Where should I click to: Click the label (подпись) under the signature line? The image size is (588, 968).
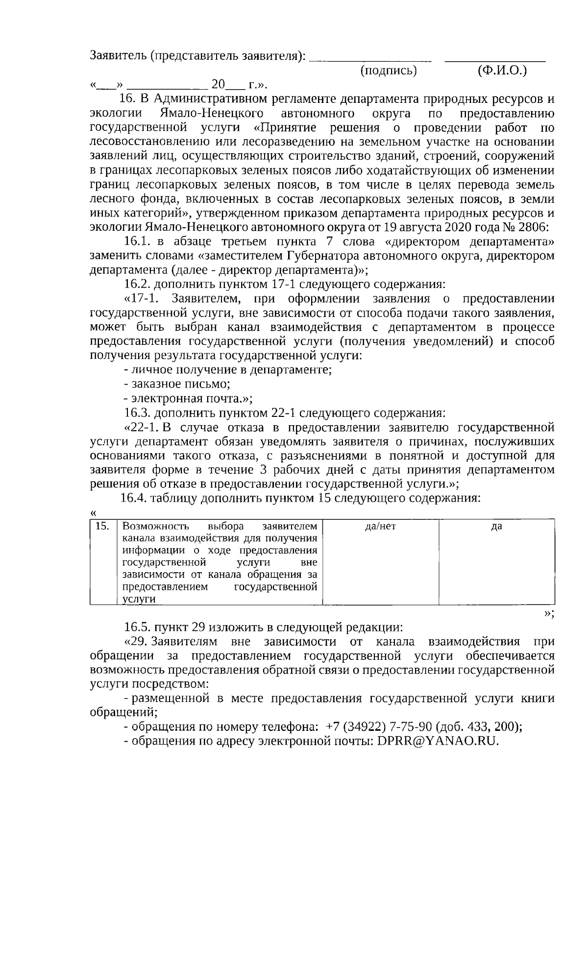pyautogui.click(x=388, y=71)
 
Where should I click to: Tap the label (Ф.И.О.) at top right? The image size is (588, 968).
pyautogui.click(x=502, y=71)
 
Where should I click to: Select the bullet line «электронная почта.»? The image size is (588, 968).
pyautogui.click(x=188, y=398)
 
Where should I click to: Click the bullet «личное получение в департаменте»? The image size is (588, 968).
pyautogui.click(x=228, y=370)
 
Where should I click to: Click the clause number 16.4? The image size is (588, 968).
pyautogui.click(x=133, y=498)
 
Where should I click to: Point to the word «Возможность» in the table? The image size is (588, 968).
pyautogui.click(x=155, y=527)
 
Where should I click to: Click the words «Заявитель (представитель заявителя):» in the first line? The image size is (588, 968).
pyautogui.click(x=197, y=56)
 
